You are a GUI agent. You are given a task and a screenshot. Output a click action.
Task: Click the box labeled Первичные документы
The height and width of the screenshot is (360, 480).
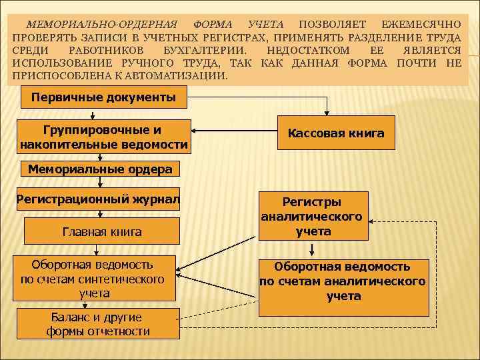tap(103, 98)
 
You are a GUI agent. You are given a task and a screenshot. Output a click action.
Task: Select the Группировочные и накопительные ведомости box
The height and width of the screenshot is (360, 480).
tap(103, 137)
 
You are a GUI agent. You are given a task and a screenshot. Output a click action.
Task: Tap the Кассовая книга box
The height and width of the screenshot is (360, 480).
tap(335, 133)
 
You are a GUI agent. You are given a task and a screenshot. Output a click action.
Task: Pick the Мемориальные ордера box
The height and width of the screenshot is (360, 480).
tap(100, 169)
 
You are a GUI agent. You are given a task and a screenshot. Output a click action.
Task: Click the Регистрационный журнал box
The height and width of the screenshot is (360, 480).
tap(98, 198)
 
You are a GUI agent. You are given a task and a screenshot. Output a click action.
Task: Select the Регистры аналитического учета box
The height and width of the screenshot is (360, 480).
tap(311, 216)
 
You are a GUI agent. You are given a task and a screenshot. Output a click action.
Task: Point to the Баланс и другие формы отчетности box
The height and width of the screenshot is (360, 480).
tap(97, 324)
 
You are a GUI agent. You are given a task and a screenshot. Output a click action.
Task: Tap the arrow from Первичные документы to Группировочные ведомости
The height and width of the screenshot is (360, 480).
tap(99, 114)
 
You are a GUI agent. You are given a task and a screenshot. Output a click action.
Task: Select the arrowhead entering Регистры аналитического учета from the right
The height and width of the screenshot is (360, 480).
tap(373, 219)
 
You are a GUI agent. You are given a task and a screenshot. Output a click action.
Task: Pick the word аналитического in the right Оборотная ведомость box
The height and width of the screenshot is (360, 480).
tap(375, 281)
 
